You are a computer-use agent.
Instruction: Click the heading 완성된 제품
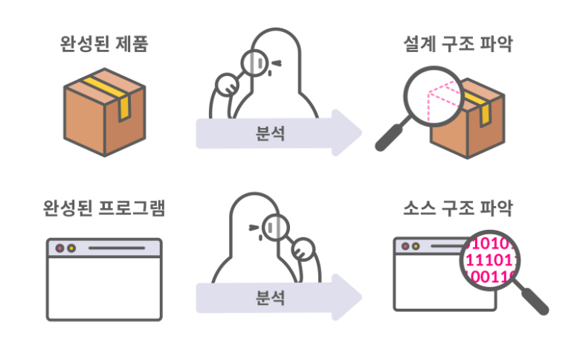[103, 45]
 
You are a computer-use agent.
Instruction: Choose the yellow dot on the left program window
[71, 248]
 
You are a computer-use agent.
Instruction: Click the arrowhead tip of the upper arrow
[360, 134]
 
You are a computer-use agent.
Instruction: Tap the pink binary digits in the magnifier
[487, 261]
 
